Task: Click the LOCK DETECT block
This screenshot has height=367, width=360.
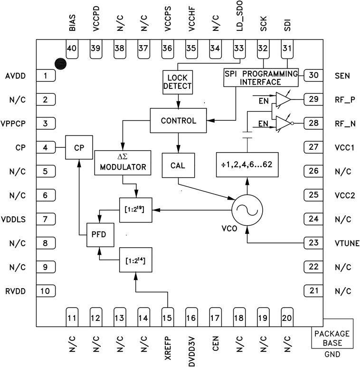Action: click(x=178, y=82)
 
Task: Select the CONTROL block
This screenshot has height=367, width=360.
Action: click(x=178, y=121)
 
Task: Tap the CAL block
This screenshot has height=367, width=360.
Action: click(x=178, y=164)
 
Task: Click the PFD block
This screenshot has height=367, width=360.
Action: click(x=100, y=234)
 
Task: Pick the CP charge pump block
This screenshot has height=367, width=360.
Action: click(x=79, y=148)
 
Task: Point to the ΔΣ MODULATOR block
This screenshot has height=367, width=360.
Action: click(x=123, y=163)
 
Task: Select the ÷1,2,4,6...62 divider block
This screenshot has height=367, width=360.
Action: click(x=247, y=164)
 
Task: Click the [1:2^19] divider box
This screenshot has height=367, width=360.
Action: click(x=136, y=210)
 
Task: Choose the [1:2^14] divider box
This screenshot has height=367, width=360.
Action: click(x=136, y=259)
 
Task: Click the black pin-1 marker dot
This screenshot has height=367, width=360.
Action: click(x=60, y=63)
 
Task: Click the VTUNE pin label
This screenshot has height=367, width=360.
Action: click(x=346, y=244)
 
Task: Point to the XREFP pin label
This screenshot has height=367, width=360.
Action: click(x=168, y=349)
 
